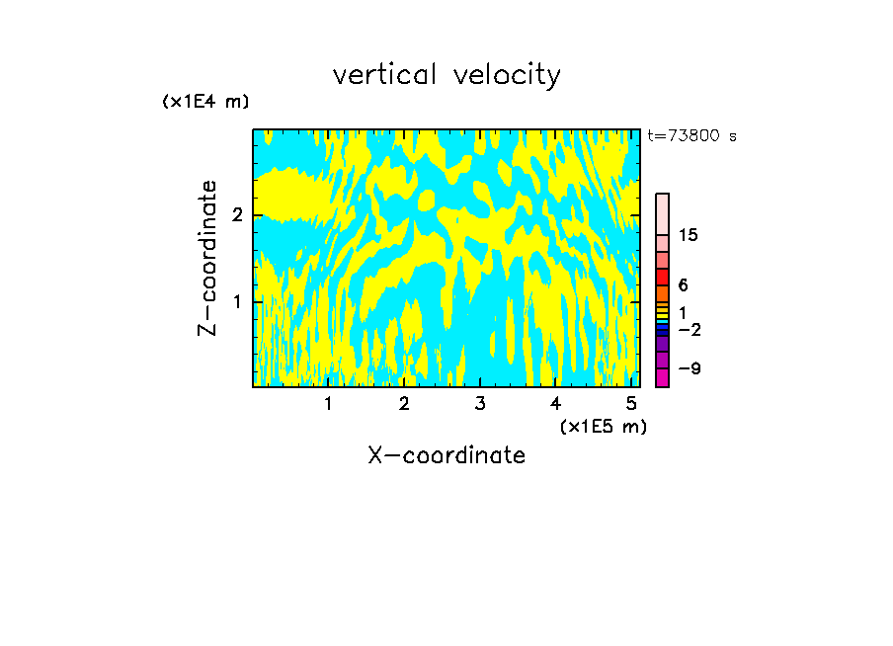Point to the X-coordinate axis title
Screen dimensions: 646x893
pyautogui.click(x=446, y=455)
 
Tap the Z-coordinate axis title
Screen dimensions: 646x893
pyautogui.click(x=207, y=258)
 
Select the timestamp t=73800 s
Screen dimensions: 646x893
pyautogui.click(x=691, y=136)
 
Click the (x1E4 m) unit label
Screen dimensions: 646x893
pyautogui.click(x=205, y=102)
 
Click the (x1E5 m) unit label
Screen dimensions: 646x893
pyautogui.click(x=603, y=426)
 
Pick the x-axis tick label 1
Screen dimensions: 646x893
pyautogui.click(x=328, y=404)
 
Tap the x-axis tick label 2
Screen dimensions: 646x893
pyautogui.click(x=404, y=404)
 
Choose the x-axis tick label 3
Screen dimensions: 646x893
pyautogui.click(x=480, y=404)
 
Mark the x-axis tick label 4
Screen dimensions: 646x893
pyautogui.click(x=556, y=404)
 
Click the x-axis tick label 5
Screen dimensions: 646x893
pyautogui.click(x=632, y=404)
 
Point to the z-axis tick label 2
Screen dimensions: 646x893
pyautogui.click(x=237, y=215)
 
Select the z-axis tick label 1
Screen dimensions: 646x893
pyautogui.click(x=237, y=301)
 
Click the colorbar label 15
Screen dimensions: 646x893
pyautogui.click(x=689, y=235)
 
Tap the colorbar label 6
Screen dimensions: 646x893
pyautogui.click(x=684, y=285)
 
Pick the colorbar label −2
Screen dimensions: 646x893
pyautogui.click(x=689, y=330)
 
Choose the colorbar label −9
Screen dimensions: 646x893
pyautogui.click(x=689, y=369)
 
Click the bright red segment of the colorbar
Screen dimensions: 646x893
pyautogui.click(x=662, y=278)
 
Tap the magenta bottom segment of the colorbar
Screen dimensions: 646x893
pyautogui.click(x=662, y=377)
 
